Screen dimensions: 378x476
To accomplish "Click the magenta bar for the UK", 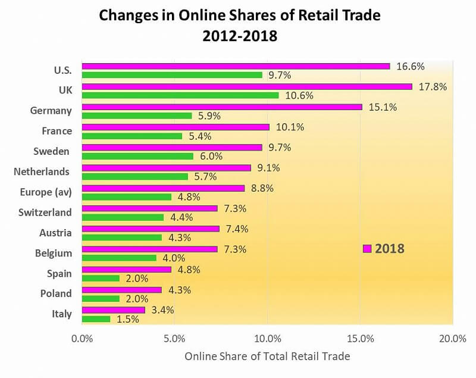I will [247, 86].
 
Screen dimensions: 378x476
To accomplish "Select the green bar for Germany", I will [137, 116].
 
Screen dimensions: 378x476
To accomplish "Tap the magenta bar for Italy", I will [113, 310].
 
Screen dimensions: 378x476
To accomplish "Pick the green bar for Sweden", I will [137, 157].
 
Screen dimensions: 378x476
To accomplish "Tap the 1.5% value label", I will [127, 319].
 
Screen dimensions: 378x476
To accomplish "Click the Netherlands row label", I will [42, 172].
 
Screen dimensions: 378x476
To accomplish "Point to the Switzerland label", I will [45, 213].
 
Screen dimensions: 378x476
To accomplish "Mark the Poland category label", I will [55, 293].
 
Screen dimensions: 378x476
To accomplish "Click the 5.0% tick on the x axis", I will [174, 339].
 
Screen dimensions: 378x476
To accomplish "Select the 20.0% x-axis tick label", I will [452, 339].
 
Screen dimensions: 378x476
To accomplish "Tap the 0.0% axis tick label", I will [82, 339].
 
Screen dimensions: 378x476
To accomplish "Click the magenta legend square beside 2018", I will [367, 248].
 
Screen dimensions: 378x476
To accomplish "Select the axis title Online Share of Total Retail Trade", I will [267, 357].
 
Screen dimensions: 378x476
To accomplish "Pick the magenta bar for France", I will [176, 127].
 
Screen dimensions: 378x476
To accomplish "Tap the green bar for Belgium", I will [119, 258].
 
